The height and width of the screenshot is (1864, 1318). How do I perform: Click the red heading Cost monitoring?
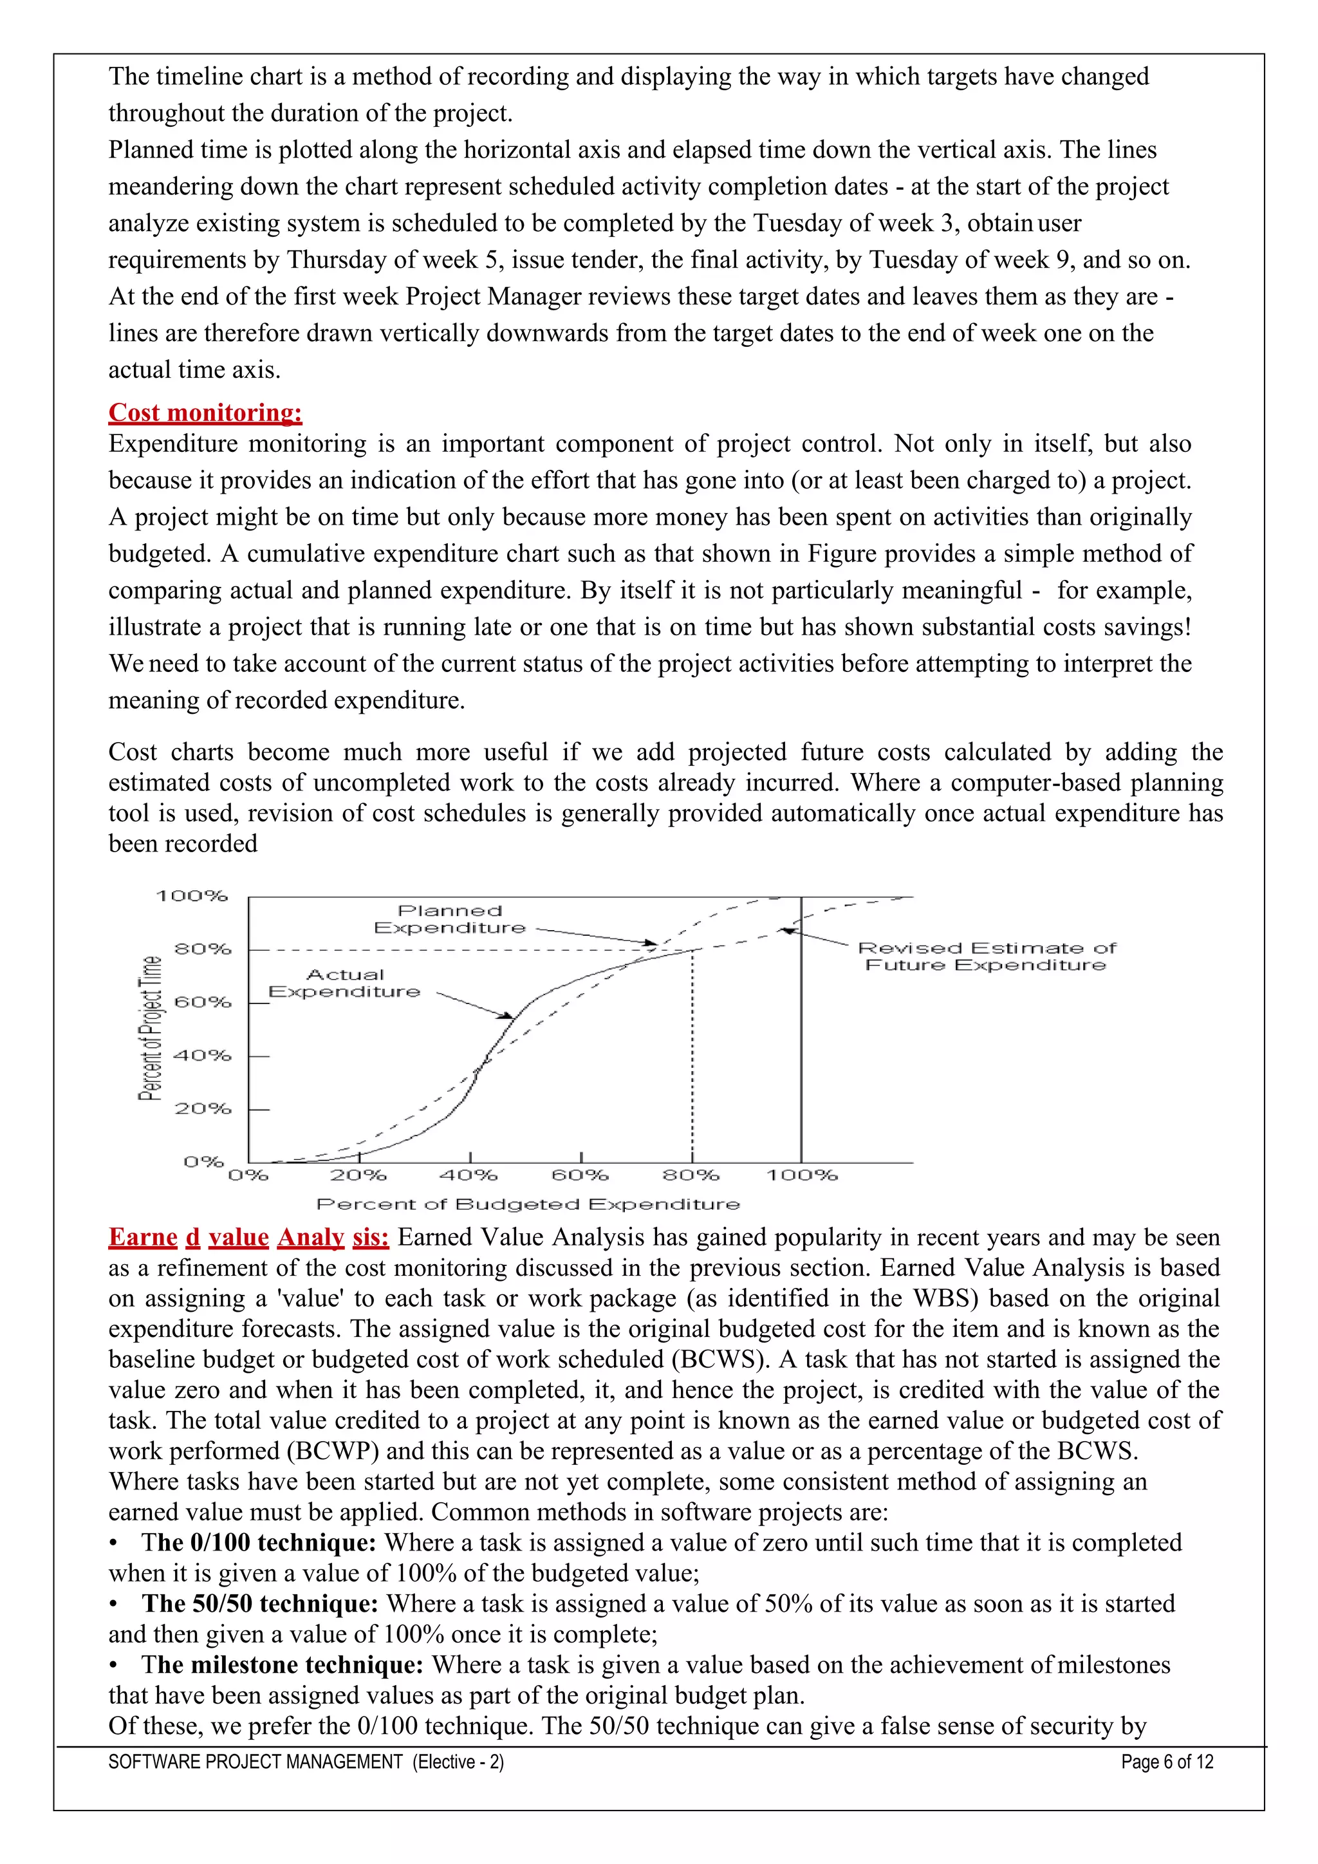tap(205, 413)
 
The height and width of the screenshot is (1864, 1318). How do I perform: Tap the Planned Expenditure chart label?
tap(450, 919)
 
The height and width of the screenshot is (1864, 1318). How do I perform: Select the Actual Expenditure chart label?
tap(345, 983)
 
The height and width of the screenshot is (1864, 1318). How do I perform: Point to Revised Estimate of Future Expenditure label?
tap(986, 956)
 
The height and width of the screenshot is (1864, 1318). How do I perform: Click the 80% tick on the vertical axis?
tap(203, 949)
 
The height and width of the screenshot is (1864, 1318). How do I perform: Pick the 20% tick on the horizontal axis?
tap(358, 1175)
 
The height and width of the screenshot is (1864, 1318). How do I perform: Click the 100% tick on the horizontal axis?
tap(802, 1175)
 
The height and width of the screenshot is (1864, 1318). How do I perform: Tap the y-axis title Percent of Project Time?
tap(150, 1028)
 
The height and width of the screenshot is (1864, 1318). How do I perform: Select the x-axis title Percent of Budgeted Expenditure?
tap(528, 1204)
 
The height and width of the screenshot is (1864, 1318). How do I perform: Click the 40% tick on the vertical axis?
tap(203, 1056)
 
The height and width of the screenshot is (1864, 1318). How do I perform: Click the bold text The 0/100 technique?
tap(258, 1543)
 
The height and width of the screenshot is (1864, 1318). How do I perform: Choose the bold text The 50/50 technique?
tap(260, 1603)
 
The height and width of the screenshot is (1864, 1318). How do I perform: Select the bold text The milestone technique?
tap(282, 1664)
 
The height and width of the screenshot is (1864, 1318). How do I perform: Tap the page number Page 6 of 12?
tap(1167, 1762)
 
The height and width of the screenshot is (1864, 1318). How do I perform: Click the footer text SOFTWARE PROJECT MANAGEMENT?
tap(255, 1762)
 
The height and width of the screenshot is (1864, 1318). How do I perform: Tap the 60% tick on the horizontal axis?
tap(580, 1175)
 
